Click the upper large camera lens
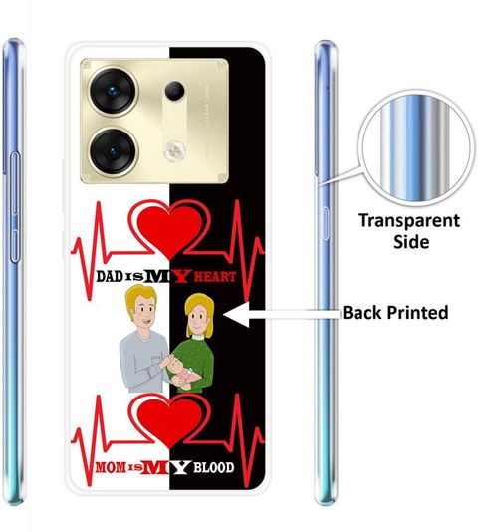pos(114,91)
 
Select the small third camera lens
pos(174,91)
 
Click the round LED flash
pos(174,150)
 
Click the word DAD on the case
pos(109,277)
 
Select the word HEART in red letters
pos(215,277)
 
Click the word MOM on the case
pos(111,467)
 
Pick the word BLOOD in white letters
pos(214,468)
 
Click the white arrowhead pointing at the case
pos(236,314)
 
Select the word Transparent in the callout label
pos(409,221)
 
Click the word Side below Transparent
pos(411,242)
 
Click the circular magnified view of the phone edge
pos(416,147)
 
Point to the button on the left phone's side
pos(15,207)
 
